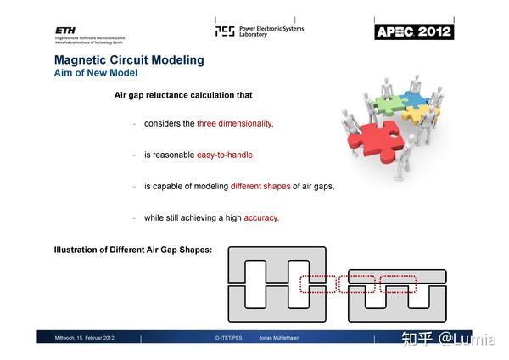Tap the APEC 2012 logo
tap(414, 31)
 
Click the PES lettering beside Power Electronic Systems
tap(225, 31)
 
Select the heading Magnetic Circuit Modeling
tap(129, 59)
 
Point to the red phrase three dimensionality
tap(235, 123)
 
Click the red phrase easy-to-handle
tap(226, 155)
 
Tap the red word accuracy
tap(261, 217)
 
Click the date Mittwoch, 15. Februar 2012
tap(85, 338)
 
